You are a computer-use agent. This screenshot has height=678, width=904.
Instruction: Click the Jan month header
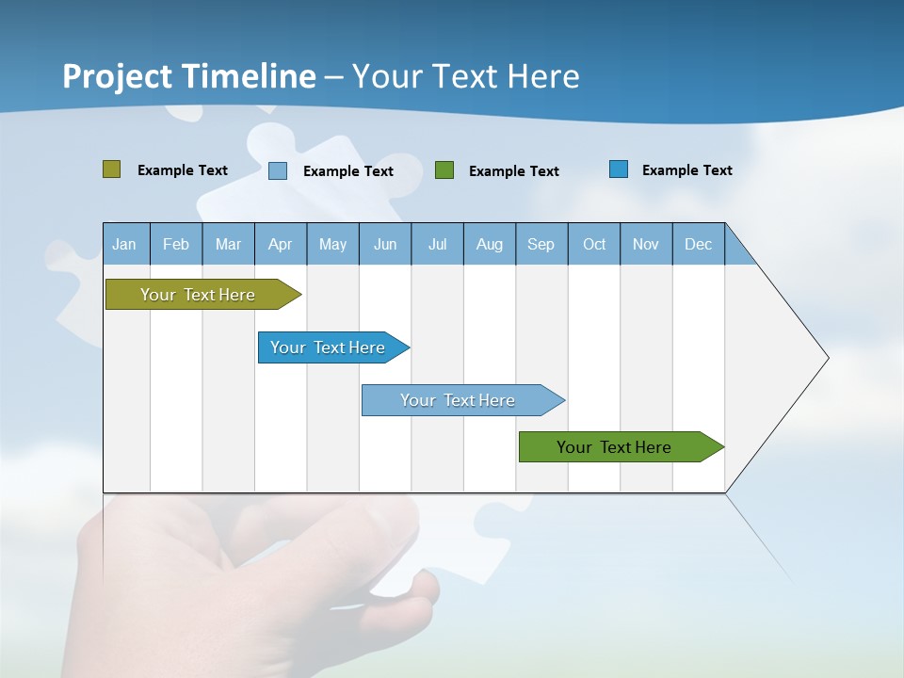coord(124,244)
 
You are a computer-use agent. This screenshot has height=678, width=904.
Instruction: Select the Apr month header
coord(280,244)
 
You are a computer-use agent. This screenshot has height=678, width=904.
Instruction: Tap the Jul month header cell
coord(437,244)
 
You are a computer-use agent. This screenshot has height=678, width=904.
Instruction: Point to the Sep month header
coord(541,244)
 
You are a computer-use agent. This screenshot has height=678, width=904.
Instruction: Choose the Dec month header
coord(698,244)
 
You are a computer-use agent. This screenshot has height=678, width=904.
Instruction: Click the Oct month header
coord(593,244)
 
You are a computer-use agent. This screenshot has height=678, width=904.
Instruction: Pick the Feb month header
coord(176,244)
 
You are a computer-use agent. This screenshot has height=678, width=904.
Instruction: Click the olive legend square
coord(111,169)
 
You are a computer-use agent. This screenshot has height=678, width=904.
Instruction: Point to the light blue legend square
coord(278,170)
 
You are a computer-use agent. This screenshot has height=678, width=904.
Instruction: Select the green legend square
coord(444,169)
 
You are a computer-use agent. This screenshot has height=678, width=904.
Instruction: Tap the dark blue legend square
coord(619,169)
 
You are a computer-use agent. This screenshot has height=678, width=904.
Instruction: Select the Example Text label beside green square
coord(513,170)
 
